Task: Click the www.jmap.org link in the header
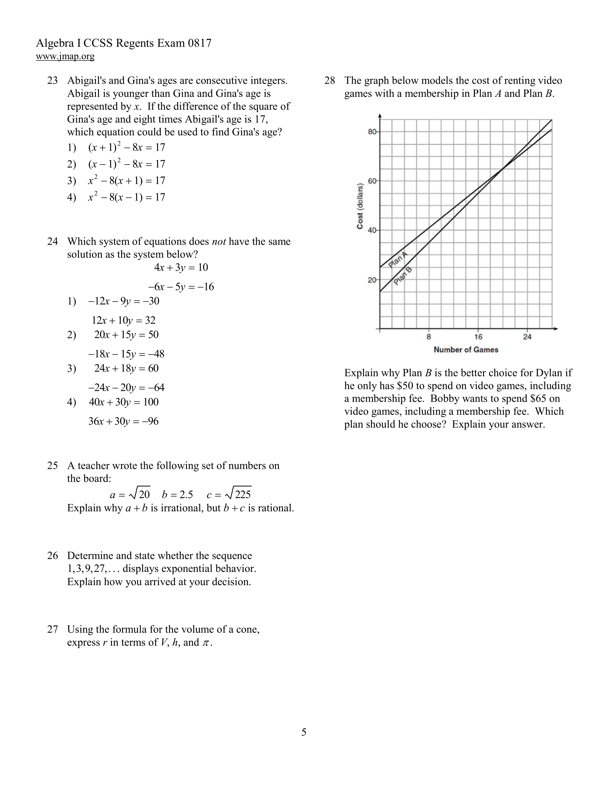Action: (x=65, y=57)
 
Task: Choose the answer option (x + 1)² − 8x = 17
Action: (x=126, y=147)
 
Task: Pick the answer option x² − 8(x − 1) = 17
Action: (x=126, y=197)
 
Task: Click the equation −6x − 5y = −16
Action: (x=181, y=287)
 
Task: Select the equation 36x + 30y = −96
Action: (x=124, y=421)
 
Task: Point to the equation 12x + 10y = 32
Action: (x=124, y=320)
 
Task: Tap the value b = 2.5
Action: (x=177, y=494)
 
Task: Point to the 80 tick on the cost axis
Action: (x=372, y=132)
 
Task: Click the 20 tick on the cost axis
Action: (x=372, y=280)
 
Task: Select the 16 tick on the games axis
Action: (x=478, y=337)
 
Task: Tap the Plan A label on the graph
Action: (x=398, y=259)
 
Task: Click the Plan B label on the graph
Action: (x=403, y=276)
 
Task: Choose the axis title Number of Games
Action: (x=466, y=350)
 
